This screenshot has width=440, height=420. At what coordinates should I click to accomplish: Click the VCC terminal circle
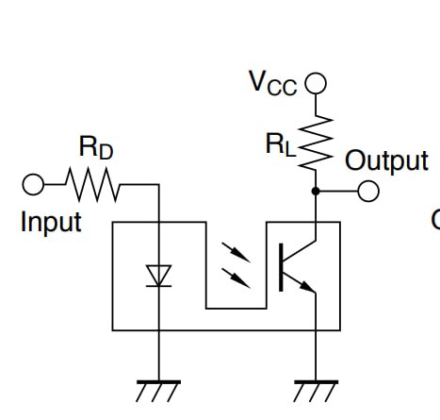[x=316, y=83]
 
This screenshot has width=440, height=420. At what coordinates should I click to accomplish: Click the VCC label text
[x=273, y=83]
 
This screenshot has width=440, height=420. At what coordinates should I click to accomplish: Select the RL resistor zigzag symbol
[x=316, y=143]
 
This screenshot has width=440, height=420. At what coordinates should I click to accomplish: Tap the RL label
[x=281, y=145]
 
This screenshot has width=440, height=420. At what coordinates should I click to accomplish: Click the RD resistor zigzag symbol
[x=92, y=185]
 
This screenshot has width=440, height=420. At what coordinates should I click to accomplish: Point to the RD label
[x=96, y=147]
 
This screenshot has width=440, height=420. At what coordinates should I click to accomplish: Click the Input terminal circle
[x=33, y=184]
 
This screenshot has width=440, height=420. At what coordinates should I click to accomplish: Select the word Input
[x=51, y=223]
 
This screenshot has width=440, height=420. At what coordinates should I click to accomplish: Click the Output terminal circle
[x=368, y=191]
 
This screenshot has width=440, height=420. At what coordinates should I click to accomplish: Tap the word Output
[x=386, y=161]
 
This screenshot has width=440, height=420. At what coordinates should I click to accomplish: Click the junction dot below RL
[x=316, y=191]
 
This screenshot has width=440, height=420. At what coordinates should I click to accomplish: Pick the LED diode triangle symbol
[x=159, y=276]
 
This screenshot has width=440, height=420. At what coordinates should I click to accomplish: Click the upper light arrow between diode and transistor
[x=236, y=252]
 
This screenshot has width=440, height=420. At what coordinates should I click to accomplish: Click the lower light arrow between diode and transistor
[x=236, y=278]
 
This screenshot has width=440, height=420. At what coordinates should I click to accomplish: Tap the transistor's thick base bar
[x=281, y=267]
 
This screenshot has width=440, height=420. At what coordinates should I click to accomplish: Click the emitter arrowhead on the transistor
[x=307, y=287]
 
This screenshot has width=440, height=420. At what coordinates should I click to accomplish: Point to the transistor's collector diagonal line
[x=300, y=251]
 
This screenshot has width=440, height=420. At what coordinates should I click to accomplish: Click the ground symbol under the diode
[x=158, y=391]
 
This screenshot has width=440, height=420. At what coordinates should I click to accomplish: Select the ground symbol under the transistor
[x=316, y=391]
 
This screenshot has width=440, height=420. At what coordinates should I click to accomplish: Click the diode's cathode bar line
[x=159, y=286]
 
